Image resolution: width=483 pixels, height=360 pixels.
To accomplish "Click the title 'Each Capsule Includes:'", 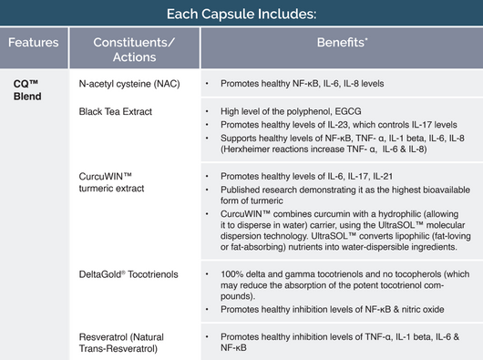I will pos(241,15).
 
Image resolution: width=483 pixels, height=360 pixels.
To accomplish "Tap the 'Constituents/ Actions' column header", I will pos(134,49).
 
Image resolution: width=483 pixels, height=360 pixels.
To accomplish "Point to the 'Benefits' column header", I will pos(341,43).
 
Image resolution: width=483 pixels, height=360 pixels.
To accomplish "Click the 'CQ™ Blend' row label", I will pos(27,88).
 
